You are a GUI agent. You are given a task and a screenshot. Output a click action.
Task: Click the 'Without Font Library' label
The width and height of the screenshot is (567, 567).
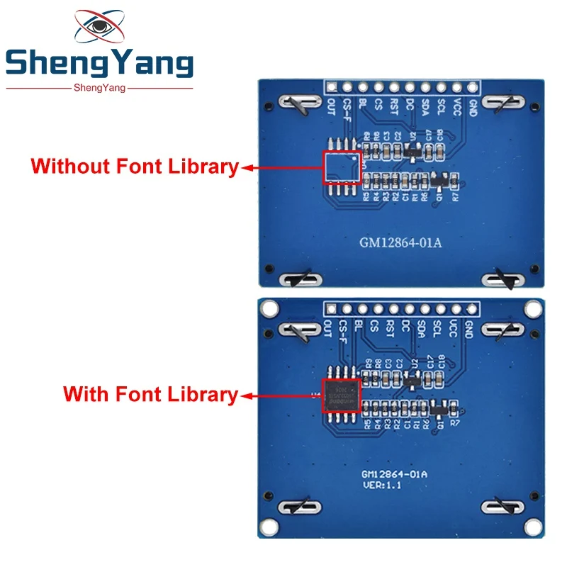click(135, 167)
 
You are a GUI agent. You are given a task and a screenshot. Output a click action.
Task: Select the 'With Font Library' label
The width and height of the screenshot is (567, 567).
click(151, 395)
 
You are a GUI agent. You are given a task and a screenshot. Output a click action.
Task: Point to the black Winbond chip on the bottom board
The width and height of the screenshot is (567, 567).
click(341, 395)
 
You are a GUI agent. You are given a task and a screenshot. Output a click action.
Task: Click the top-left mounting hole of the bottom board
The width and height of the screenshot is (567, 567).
click(269, 309)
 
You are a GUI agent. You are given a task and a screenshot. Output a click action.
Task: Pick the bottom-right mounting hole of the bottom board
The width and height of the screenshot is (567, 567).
click(530, 528)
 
